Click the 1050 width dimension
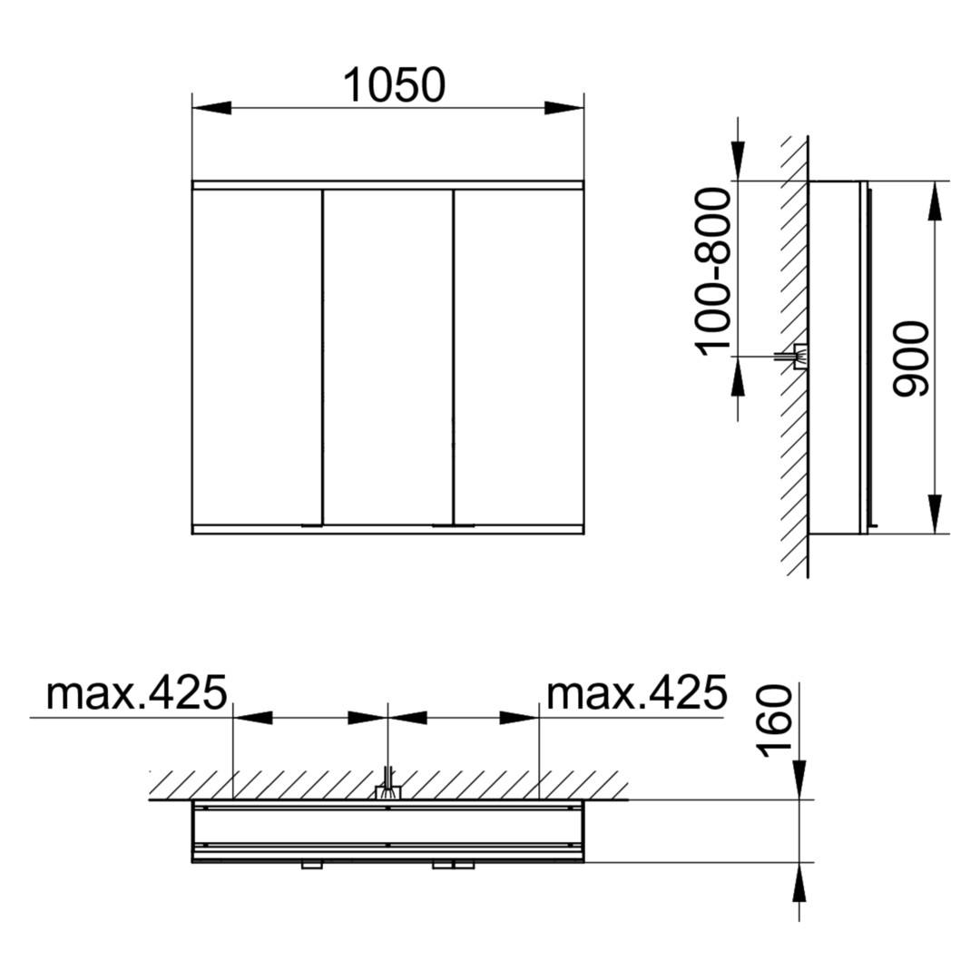click(x=395, y=85)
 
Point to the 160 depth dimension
click(x=774, y=720)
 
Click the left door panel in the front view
click(x=257, y=357)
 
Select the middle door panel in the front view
click(x=387, y=357)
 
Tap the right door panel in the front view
click(x=519, y=357)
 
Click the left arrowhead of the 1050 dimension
click(x=211, y=108)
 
